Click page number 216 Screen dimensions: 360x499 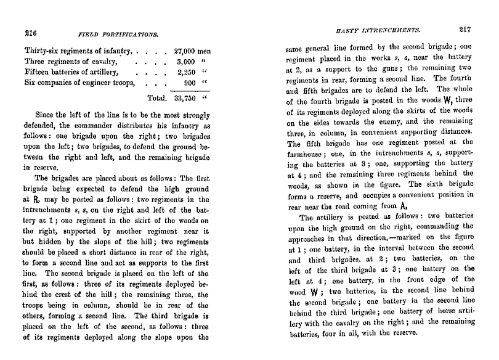tap(31, 34)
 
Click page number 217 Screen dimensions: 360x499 tap(468, 29)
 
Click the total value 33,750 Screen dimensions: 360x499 tap(187, 97)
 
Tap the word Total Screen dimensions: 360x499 tap(158, 97)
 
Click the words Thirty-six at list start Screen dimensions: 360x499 tap(43, 52)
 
